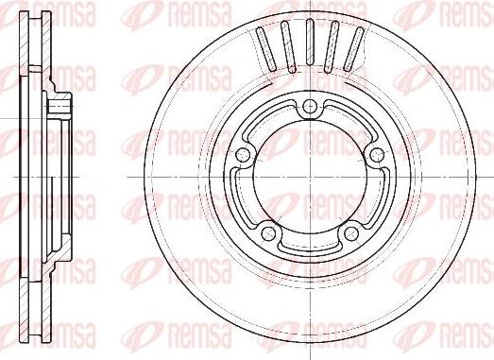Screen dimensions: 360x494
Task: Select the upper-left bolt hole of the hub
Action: pyautogui.click(x=243, y=154)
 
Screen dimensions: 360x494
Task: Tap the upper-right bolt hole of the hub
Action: pyautogui.click(x=377, y=154)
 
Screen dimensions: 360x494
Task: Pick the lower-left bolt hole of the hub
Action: pyautogui.click(x=269, y=231)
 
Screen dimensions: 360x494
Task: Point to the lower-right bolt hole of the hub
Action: pyautogui.click(x=351, y=231)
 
